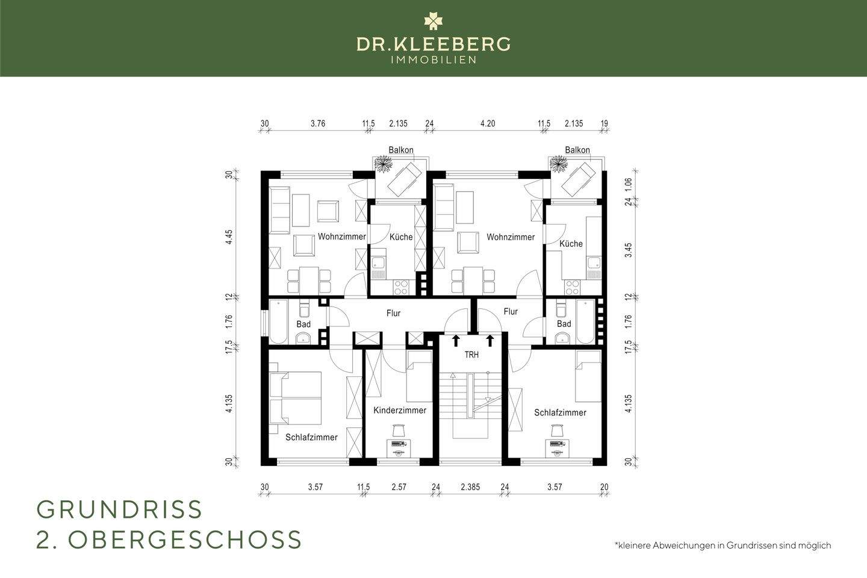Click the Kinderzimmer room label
pyautogui.click(x=400, y=411)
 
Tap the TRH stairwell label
pyautogui.click(x=471, y=355)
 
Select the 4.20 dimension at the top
pyautogui.click(x=488, y=123)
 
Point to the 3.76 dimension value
pyautogui.click(x=318, y=123)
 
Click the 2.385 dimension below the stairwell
pyautogui.click(x=470, y=487)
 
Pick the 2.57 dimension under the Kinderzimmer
pyautogui.click(x=399, y=487)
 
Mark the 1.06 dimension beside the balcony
pyautogui.click(x=628, y=184)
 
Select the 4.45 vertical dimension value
pyautogui.click(x=229, y=236)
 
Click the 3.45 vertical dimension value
pyautogui.click(x=628, y=250)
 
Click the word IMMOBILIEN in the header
pyautogui.click(x=433, y=60)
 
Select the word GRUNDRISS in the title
pyautogui.click(x=120, y=510)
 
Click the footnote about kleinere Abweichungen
pyautogui.click(x=722, y=545)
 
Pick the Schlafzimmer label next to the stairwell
pyautogui.click(x=560, y=412)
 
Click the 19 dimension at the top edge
pyautogui.click(x=604, y=123)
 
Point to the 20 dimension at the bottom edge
pyautogui.click(x=604, y=487)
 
